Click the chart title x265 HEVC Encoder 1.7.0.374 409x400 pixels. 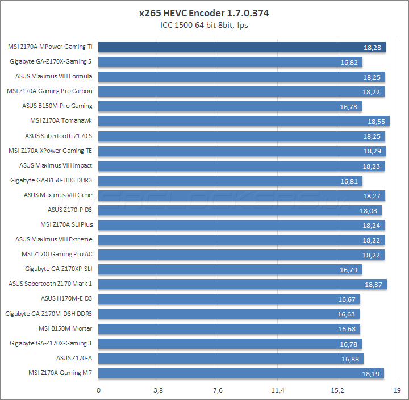[x=204, y=13]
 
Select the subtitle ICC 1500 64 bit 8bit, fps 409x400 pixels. [x=204, y=25]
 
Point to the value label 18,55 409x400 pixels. [x=375, y=122]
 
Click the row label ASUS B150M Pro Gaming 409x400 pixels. [x=57, y=106]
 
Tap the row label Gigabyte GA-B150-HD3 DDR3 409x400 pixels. [x=51, y=180]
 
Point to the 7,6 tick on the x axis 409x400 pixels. [x=218, y=390]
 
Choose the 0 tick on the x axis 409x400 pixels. [x=99, y=390]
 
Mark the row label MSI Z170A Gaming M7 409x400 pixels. [x=60, y=373]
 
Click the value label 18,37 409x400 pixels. [x=373, y=284]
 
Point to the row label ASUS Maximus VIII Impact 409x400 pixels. [x=56, y=165]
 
